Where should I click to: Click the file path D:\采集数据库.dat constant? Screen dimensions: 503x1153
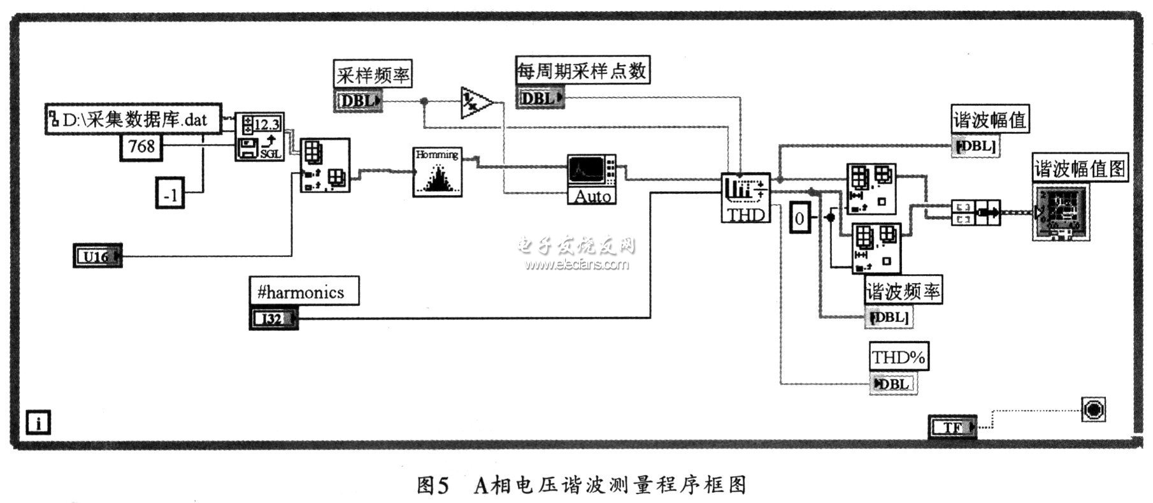point(134,119)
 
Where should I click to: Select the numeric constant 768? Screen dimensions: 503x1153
point(141,147)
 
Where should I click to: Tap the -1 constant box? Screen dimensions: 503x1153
point(170,194)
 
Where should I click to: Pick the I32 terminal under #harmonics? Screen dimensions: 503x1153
point(273,317)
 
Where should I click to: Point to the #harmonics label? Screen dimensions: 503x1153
point(303,292)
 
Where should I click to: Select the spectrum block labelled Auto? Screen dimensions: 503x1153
point(592,179)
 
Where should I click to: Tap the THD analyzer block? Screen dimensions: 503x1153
point(745,198)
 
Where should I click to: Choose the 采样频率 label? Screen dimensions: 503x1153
point(373,75)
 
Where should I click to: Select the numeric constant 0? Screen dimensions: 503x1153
point(800,219)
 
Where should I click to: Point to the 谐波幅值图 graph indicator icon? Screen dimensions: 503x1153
point(1060,212)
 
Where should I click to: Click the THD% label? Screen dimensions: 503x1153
point(898,357)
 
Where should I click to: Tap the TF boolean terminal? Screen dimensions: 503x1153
point(952,427)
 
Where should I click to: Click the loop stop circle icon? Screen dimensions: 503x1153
point(1093,409)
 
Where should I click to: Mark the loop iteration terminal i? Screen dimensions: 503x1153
point(39,422)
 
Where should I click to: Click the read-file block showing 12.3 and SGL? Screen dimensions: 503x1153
point(260,136)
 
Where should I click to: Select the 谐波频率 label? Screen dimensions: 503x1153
point(903,291)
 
